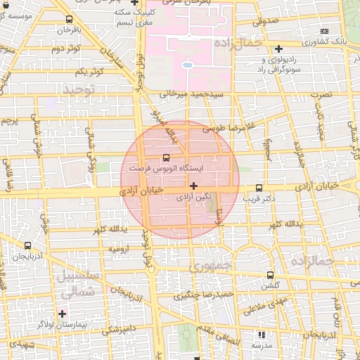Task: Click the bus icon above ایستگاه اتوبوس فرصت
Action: [x=166, y=158]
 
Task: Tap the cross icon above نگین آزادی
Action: [x=193, y=186]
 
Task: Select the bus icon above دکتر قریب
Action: [x=259, y=188]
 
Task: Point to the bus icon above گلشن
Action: [x=271, y=276]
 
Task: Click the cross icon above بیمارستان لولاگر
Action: [x=63, y=313]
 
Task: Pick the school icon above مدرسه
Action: [x=262, y=335]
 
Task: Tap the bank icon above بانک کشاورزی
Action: [x=324, y=32]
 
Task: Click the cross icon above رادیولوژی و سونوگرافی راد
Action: [x=279, y=49]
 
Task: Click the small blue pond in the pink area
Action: [x=187, y=65]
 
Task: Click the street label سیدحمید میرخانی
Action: [x=191, y=94]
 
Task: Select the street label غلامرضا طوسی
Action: [x=227, y=129]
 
